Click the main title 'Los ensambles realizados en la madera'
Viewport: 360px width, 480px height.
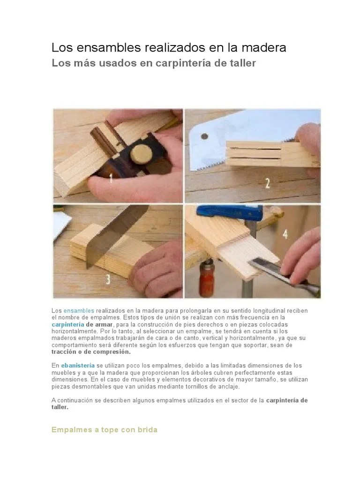pos(168,48)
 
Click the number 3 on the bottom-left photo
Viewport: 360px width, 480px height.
pos(108,280)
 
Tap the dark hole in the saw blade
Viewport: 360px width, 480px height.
pos(204,136)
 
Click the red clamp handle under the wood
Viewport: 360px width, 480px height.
pos(205,281)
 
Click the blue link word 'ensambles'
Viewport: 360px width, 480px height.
pos(79,311)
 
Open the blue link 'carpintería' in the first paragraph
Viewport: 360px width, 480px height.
pos(68,324)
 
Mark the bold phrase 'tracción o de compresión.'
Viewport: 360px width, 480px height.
pos(91,351)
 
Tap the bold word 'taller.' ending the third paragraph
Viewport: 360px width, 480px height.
pos(60,407)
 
